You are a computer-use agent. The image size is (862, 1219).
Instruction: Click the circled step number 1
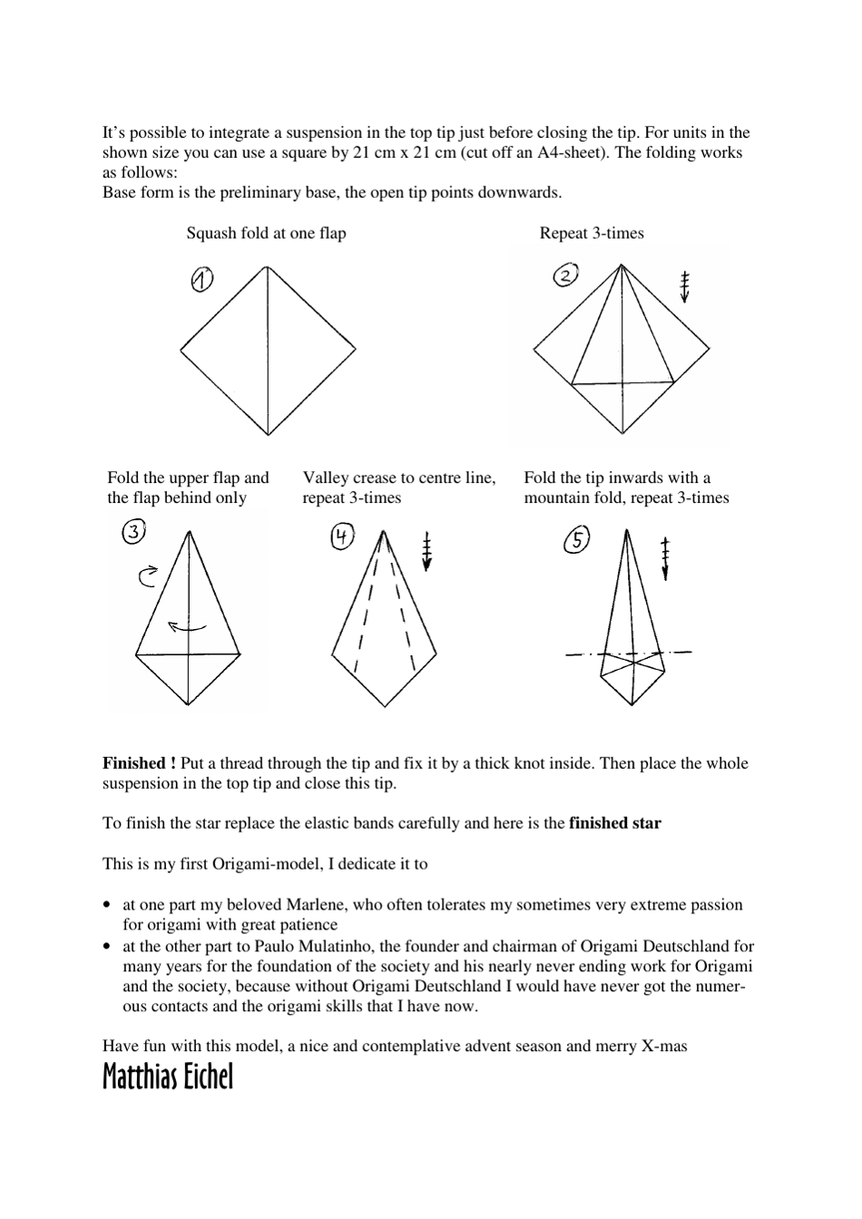(x=201, y=280)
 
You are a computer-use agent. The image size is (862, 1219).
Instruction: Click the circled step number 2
(x=564, y=275)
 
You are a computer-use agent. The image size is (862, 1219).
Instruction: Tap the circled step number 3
(x=133, y=533)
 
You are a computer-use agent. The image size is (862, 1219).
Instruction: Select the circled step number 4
(x=342, y=537)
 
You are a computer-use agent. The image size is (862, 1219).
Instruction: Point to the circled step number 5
(x=576, y=541)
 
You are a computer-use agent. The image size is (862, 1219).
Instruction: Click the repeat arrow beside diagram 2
(x=685, y=286)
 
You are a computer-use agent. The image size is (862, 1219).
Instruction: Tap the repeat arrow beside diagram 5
(x=666, y=557)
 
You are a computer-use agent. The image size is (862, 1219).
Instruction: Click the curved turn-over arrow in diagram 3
(x=148, y=575)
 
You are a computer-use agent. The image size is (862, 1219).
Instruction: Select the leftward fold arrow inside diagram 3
(x=187, y=625)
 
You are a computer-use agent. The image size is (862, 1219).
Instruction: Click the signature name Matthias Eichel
(x=168, y=1076)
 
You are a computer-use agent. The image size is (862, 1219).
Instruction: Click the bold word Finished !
(x=139, y=763)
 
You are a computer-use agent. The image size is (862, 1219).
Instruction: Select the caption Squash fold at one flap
(x=266, y=233)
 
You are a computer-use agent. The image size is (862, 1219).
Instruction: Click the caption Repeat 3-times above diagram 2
(x=592, y=233)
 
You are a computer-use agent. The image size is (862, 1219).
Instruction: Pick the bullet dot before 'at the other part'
(x=108, y=946)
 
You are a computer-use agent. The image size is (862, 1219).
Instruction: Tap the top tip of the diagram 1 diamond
(x=267, y=267)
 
